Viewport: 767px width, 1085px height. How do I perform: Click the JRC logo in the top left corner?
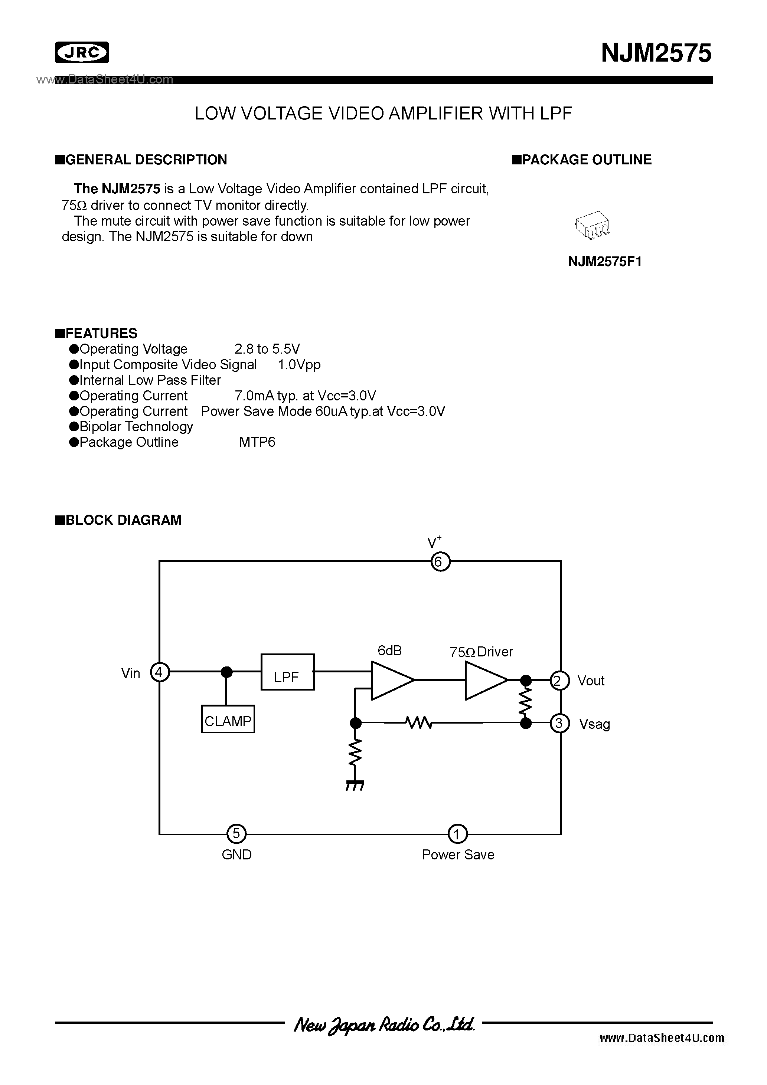point(82,52)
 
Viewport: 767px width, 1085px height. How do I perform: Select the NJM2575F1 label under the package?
point(604,261)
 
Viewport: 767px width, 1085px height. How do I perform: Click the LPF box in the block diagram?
point(287,672)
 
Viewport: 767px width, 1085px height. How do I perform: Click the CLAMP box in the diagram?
point(228,719)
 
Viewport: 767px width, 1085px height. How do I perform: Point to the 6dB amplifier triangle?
point(392,680)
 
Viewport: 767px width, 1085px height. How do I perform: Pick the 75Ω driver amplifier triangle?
point(485,680)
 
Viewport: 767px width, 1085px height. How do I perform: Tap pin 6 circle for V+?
point(440,561)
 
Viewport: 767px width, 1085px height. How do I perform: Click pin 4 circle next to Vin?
point(159,672)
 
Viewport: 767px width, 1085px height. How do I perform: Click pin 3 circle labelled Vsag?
point(559,723)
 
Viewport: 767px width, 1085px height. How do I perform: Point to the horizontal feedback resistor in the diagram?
point(418,722)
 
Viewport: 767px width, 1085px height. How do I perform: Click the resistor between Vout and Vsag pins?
point(525,702)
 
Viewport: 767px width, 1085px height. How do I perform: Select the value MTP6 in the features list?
point(257,442)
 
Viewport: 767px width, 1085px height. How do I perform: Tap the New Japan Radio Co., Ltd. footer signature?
point(383,1024)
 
